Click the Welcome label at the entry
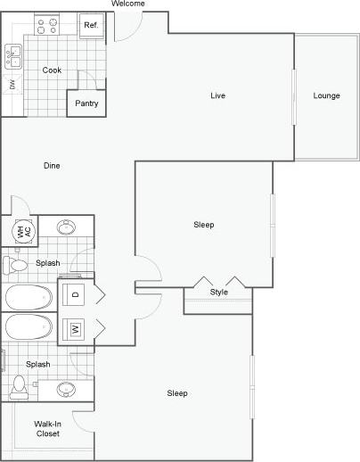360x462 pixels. tap(128, 4)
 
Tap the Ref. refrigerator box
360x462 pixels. tap(91, 25)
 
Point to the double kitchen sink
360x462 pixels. tap(12, 58)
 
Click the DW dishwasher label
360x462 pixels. tap(12, 85)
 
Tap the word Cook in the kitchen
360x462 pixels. tap(51, 70)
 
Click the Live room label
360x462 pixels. tap(217, 95)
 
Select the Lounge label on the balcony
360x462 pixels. tap(326, 95)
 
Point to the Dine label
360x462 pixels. tap(53, 165)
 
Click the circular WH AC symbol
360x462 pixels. tap(24, 231)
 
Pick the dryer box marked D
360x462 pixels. tap(76, 293)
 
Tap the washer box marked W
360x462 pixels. tap(76, 329)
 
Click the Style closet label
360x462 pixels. tap(218, 293)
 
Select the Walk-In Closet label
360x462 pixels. tap(47, 428)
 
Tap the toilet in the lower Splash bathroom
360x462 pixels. tap(18, 386)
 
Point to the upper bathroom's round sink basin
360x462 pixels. tap(67, 227)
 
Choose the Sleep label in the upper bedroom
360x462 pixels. tap(203, 225)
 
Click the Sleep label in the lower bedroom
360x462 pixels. tap(178, 393)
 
